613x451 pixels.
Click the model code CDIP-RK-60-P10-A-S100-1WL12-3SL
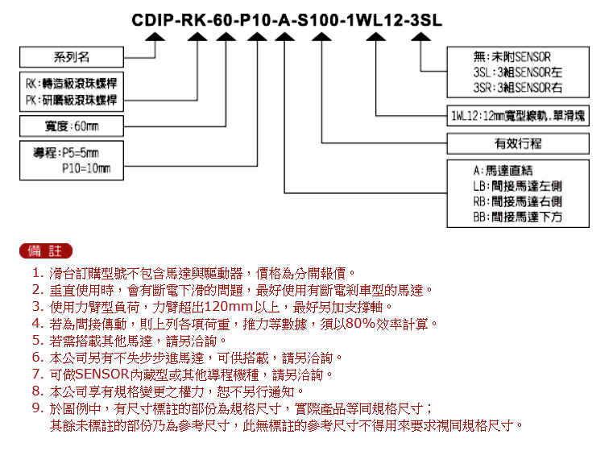pyautogui.click(x=287, y=20)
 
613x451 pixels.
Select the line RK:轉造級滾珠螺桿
pyautogui.click(x=71, y=83)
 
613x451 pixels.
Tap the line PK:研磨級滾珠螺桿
pyautogui.click(x=71, y=100)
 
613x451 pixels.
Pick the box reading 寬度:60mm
pyautogui.click(x=72, y=126)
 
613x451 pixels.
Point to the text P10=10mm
pyautogui.click(x=86, y=168)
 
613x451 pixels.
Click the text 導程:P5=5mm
pyautogui.click(x=66, y=152)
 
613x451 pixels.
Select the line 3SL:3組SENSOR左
pyautogui.click(x=518, y=72)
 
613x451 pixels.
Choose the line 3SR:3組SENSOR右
pyautogui.click(x=518, y=88)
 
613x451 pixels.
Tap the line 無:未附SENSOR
pyautogui.click(x=512, y=57)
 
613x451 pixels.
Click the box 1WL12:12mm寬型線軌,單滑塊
pyautogui.click(x=518, y=116)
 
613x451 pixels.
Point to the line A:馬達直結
pyautogui.click(x=503, y=171)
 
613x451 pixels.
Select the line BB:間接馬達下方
pyautogui.click(x=518, y=217)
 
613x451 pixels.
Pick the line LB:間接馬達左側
pyautogui.click(x=518, y=186)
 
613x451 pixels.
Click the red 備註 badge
pyautogui.click(x=46, y=251)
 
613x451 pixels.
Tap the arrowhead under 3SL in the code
pyautogui.click(x=420, y=37)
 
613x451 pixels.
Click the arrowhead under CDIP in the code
pyautogui.click(x=155, y=37)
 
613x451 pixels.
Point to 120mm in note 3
pyautogui.click(x=228, y=307)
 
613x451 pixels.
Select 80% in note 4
pyautogui.click(x=360, y=324)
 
